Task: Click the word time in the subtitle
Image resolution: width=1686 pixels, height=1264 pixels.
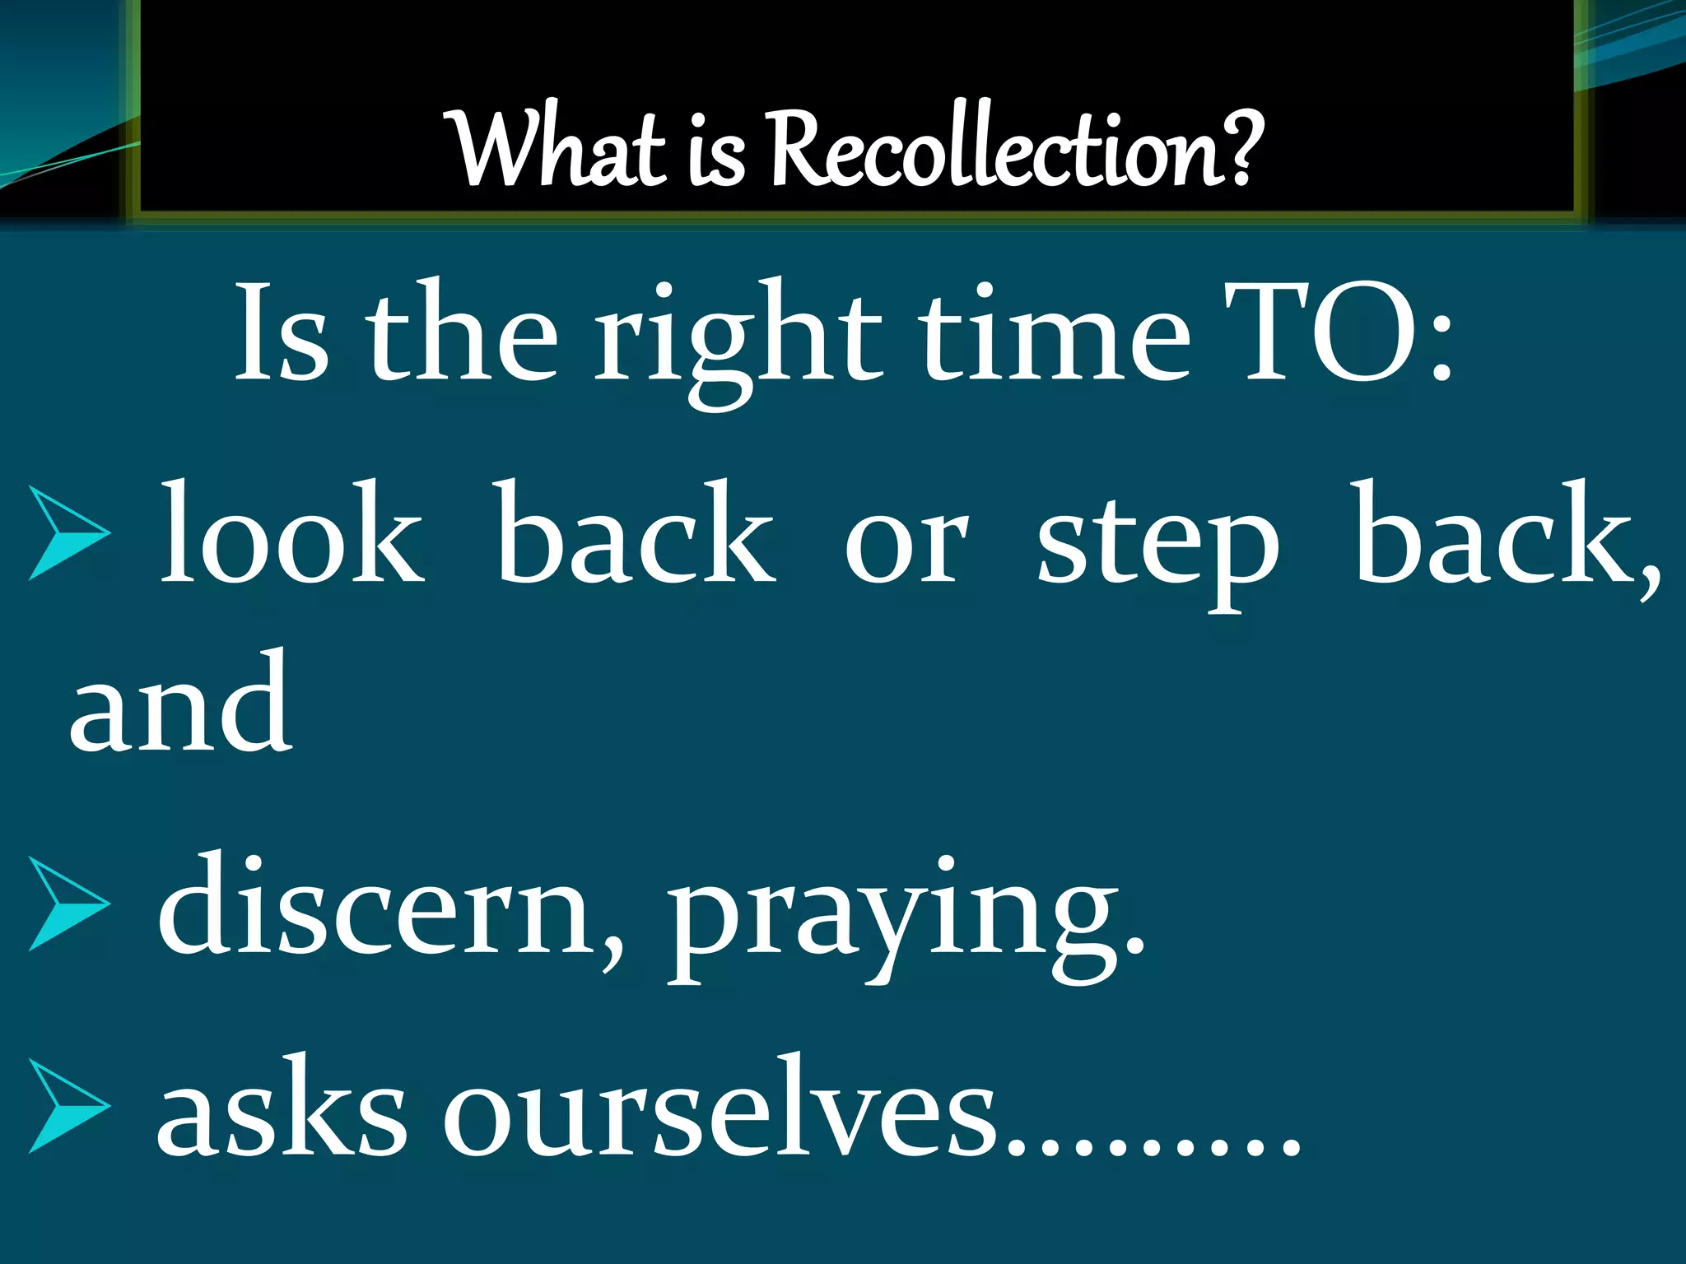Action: (x=1054, y=336)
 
